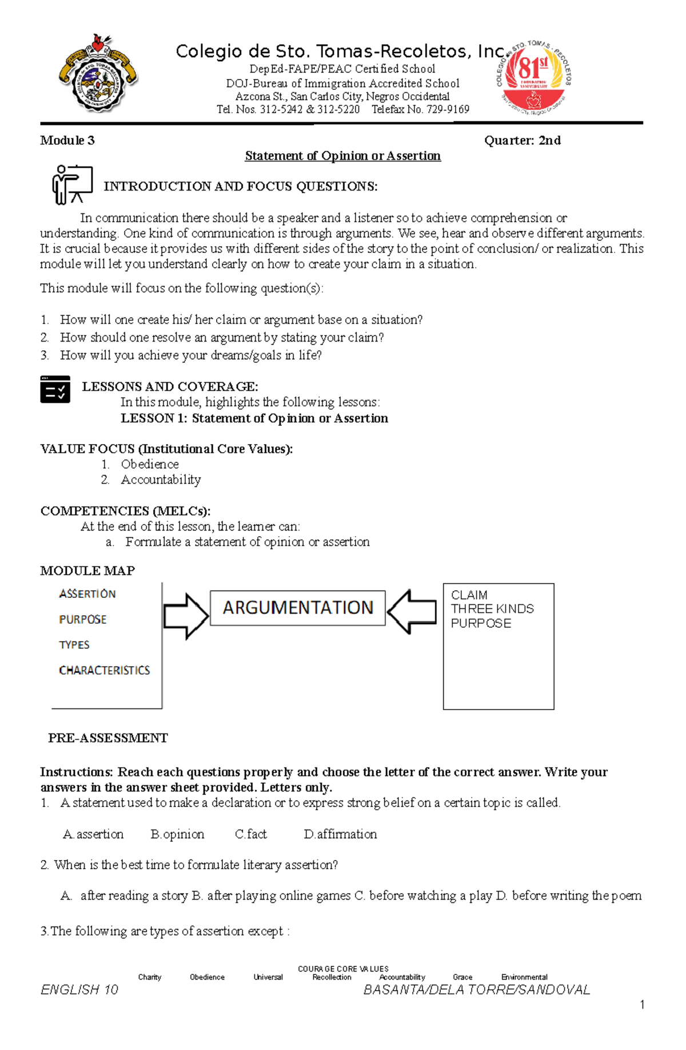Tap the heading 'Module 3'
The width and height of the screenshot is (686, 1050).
pos(67,141)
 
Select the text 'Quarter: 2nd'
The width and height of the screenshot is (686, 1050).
pos(522,141)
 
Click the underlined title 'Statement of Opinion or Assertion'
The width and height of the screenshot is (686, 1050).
pos(342,156)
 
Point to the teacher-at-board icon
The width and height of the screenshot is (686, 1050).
pos(72,184)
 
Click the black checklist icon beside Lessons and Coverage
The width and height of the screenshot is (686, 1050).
pos(55,390)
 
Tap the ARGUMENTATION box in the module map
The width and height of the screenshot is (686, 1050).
pos(297,608)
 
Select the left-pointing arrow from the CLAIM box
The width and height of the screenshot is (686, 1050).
pos(412,612)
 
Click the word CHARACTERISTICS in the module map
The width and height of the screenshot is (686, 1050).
pos(104,671)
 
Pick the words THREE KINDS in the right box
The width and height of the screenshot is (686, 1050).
pos(492,609)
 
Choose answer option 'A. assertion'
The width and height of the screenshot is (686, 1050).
pos(93,834)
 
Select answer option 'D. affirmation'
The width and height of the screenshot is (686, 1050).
pos(340,834)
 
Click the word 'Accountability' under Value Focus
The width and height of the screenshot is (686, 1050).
pos(161,480)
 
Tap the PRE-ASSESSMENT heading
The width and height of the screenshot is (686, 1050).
pos(108,738)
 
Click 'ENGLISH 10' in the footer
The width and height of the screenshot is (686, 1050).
pos(79,990)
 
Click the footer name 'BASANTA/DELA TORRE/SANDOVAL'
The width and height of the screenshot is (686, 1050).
pos(476,990)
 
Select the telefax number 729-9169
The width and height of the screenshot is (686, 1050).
pos(448,110)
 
